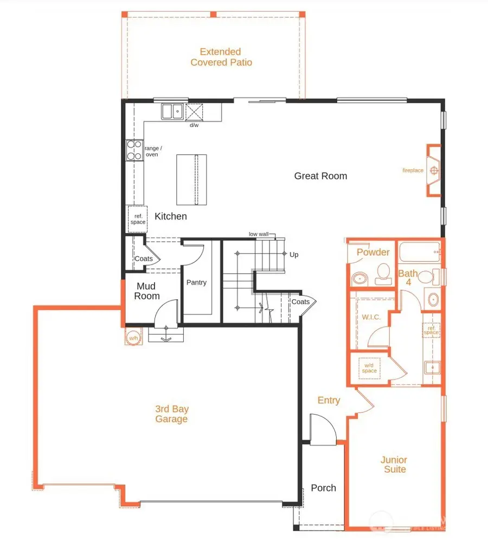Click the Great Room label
tap(320, 176)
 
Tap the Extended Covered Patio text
tap(221, 57)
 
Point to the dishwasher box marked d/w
tap(194, 112)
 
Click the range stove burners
tap(134, 150)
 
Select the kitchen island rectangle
tap(191, 179)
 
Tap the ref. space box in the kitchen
tap(137, 219)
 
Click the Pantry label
tap(196, 282)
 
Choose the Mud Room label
tap(147, 291)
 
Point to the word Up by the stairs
tap(294, 254)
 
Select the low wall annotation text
tap(259, 234)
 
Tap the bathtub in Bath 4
tap(420, 253)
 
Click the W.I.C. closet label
tap(371, 317)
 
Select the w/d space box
tap(369, 369)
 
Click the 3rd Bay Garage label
tap(172, 414)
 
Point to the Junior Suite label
tap(395, 464)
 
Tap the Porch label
tap(323, 488)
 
